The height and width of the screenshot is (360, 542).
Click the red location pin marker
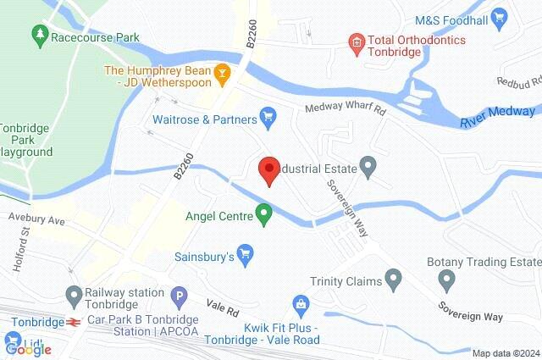269,169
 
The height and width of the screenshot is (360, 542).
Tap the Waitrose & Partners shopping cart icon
268,115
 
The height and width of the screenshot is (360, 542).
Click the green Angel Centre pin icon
264,216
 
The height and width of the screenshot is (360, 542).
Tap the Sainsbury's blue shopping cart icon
246,252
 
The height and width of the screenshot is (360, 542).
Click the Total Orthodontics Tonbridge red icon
357,40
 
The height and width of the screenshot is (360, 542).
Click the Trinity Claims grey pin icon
393,278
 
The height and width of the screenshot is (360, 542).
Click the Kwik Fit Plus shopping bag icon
299,303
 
